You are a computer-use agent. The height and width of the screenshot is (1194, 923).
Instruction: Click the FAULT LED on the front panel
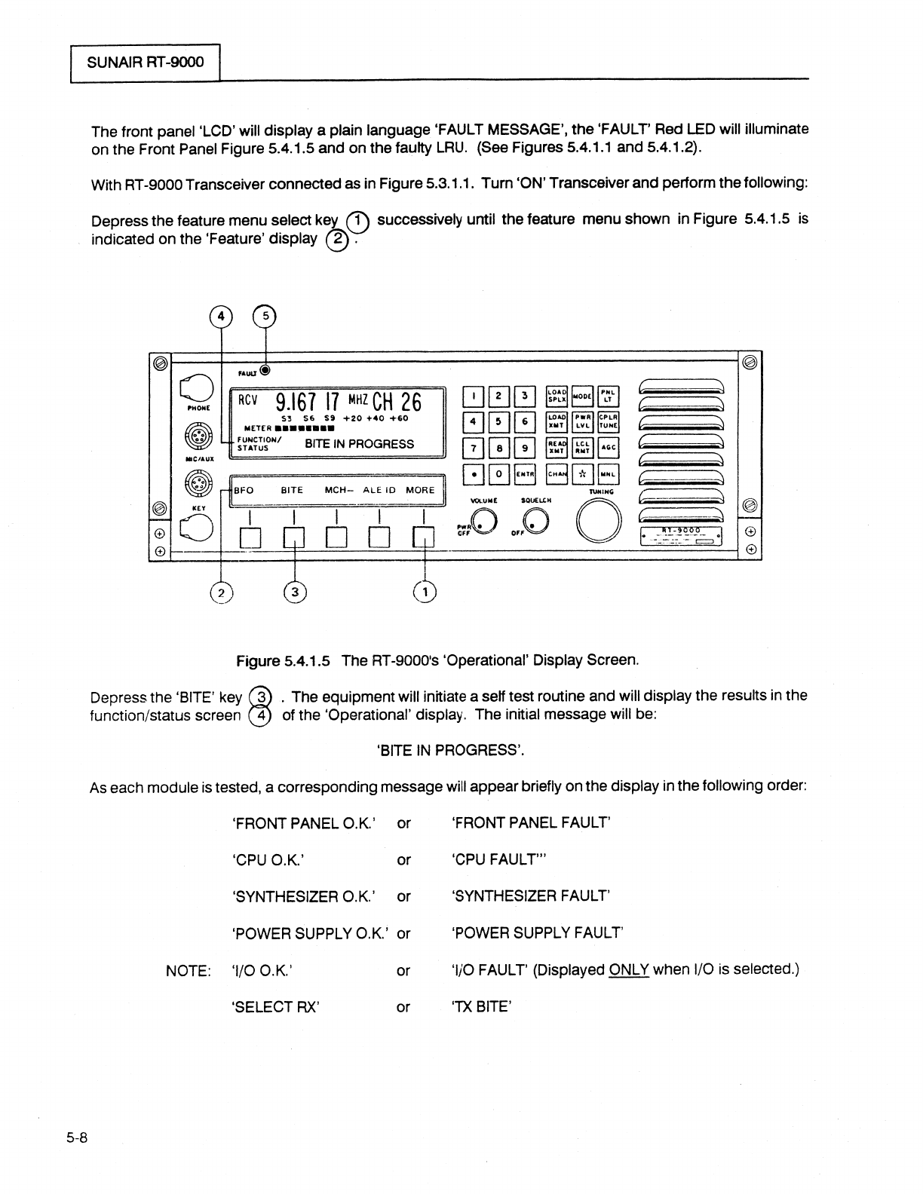[265, 370]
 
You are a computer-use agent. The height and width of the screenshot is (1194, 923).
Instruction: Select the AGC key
[609, 448]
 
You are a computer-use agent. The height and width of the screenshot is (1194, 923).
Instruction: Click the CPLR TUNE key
[609, 422]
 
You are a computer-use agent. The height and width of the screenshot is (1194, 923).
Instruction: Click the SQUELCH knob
[537, 519]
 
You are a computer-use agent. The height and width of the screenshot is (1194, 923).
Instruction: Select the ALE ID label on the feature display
[379, 490]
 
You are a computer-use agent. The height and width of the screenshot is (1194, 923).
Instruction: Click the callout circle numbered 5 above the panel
[265, 317]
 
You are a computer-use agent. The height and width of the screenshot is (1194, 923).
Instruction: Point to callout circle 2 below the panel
[222, 592]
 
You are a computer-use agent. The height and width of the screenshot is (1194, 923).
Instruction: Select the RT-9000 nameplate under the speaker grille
[682, 536]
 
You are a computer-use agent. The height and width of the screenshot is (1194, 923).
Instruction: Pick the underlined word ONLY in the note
[629, 969]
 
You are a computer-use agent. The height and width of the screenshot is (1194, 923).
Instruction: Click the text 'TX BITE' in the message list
[482, 1006]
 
